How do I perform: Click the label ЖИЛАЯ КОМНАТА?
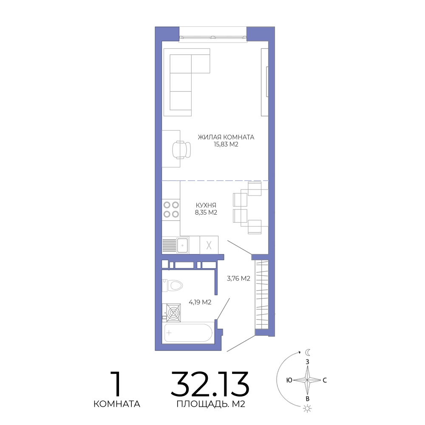point(226,137)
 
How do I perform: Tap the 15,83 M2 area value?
point(226,144)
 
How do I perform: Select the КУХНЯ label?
point(206,205)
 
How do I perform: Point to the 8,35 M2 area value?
point(206,212)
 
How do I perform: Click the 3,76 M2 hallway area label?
point(238,278)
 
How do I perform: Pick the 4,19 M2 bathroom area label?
point(200,302)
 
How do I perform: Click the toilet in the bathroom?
point(173,286)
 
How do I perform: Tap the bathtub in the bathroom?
point(189,333)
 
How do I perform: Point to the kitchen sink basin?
point(183,245)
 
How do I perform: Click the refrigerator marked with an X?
point(209,245)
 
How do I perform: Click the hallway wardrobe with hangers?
point(261,294)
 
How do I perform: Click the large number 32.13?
point(210,384)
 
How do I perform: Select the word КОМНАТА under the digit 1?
point(117,404)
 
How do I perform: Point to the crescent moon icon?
point(308,352)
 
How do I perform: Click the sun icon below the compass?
point(307,408)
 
